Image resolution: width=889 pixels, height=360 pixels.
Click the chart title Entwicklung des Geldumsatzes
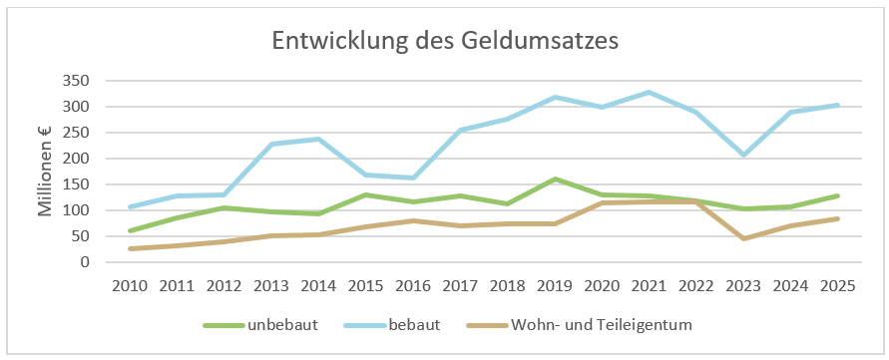(x=445, y=42)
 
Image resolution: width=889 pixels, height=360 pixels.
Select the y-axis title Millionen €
(x=45, y=171)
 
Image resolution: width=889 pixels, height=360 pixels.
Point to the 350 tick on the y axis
(x=79, y=81)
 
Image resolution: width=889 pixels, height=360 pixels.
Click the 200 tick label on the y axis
(x=79, y=159)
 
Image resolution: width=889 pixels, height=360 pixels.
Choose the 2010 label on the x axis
(x=130, y=285)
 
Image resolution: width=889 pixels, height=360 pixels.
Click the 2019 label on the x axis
(x=555, y=285)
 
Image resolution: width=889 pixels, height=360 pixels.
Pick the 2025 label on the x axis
(x=838, y=285)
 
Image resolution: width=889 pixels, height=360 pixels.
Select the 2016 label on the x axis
(x=413, y=285)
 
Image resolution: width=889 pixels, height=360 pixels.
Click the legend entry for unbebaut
(x=261, y=325)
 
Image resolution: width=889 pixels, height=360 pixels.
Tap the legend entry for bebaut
(x=392, y=325)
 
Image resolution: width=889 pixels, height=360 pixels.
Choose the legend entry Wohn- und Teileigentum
(x=579, y=325)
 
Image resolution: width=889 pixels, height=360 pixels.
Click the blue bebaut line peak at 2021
(x=649, y=92)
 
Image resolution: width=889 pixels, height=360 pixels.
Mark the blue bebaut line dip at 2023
(x=743, y=155)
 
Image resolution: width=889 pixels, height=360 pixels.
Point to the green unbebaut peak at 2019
(x=555, y=180)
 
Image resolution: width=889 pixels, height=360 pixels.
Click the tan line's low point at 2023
(x=743, y=238)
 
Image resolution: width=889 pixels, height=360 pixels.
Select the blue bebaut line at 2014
(x=318, y=139)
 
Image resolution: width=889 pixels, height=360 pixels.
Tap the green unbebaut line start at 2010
(x=130, y=230)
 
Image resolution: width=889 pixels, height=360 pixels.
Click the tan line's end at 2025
(x=838, y=218)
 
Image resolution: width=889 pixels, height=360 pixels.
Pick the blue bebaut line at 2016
(x=413, y=179)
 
